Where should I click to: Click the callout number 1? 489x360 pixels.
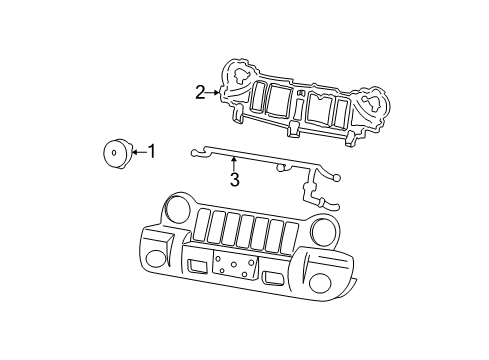[x=152, y=152]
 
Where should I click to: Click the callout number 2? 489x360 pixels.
[x=200, y=92]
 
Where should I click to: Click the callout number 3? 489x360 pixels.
[x=235, y=181]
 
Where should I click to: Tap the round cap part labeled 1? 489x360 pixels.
[x=116, y=154]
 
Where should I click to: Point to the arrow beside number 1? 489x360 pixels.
[x=138, y=152]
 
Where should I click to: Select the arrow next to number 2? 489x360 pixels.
[x=213, y=92]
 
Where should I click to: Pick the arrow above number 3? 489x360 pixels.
[x=234, y=164]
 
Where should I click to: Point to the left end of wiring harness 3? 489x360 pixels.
[x=190, y=153]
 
